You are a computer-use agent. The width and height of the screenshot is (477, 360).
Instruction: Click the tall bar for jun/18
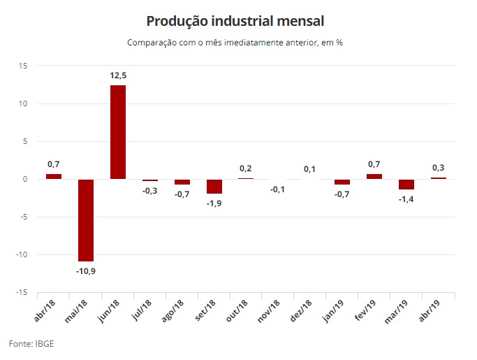click(118, 132)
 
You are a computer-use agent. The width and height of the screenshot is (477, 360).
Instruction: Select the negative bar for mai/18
click(86, 220)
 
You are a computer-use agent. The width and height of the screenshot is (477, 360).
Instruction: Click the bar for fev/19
click(374, 176)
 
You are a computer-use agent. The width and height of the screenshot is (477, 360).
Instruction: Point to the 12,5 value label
click(118, 75)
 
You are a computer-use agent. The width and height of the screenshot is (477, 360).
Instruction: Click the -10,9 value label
click(86, 271)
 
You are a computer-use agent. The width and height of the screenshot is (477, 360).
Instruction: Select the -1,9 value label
click(214, 203)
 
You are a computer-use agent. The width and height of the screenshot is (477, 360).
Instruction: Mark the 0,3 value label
click(439, 168)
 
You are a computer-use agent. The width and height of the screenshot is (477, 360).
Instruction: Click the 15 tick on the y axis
click(22, 66)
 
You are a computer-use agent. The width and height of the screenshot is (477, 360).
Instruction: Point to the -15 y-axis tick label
click(21, 292)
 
